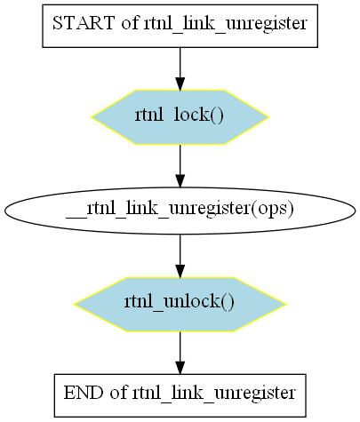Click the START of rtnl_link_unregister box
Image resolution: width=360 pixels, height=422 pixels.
pos(180,26)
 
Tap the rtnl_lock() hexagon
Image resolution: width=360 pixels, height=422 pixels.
pos(180,117)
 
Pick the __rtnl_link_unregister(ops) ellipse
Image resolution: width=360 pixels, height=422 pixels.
pos(180,211)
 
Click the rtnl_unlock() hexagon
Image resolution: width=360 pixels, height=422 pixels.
pos(180,304)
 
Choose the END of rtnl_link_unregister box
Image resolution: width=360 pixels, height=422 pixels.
pos(180,395)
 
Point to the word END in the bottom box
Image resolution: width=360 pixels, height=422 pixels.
pos(84,393)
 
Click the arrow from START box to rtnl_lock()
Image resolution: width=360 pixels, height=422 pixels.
pos(180,68)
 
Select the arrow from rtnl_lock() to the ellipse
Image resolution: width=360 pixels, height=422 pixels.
pos(180,166)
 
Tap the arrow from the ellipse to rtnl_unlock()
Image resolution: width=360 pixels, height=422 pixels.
pos(180,256)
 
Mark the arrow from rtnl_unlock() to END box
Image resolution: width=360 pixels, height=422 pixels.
pos(180,353)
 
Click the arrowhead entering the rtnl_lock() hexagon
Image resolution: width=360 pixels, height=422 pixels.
pos(180,84)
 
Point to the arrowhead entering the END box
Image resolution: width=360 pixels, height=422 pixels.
pos(180,368)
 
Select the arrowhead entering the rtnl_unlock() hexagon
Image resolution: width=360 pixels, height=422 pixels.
pos(180,271)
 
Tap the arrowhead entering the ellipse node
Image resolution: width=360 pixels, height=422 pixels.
pos(180,180)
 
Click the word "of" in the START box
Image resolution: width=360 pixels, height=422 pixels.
pos(130,23)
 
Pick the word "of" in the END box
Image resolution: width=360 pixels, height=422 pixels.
pos(118,393)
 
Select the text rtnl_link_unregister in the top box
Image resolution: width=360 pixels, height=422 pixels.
pos(226,24)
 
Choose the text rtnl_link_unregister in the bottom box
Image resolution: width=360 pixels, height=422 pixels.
pos(214,394)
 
